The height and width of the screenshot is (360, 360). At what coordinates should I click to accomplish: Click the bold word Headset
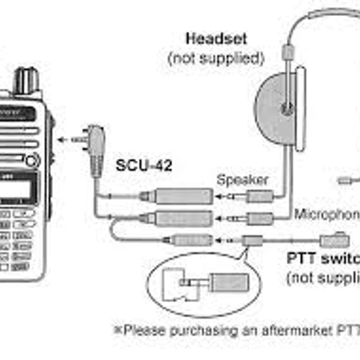[x=216, y=38]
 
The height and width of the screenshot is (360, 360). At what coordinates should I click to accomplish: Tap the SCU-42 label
[x=144, y=165]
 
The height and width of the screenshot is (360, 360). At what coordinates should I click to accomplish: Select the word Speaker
[x=242, y=180]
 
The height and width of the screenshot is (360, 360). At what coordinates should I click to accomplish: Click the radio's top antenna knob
[x=26, y=80]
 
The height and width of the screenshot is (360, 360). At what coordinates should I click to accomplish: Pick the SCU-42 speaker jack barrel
[x=183, y=195]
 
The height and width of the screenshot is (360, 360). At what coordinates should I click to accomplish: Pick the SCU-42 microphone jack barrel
[x=183, y=217]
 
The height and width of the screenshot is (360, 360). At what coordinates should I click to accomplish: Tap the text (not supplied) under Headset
[x=216, y=58]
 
